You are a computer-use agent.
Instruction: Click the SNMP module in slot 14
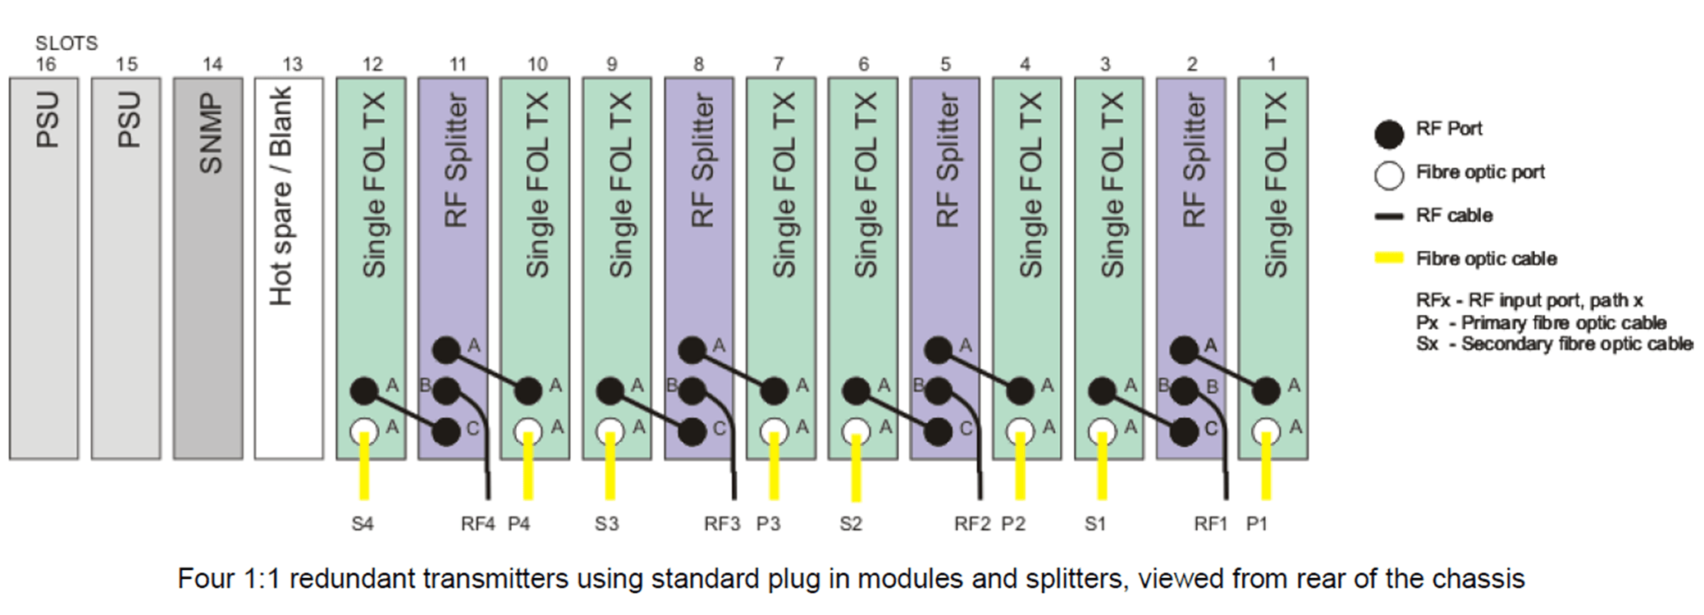click(208, 268)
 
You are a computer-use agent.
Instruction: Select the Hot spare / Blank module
click(289, 268)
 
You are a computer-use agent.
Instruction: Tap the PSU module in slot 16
click(44, 268)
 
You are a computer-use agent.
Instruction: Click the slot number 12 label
click(372, 64)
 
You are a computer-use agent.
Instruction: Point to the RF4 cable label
click(477, 524)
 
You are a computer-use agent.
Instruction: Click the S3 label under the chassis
click(606, 524)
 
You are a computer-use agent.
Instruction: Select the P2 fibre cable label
click(1013, 524)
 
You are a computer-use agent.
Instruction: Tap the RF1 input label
click(1210, 524)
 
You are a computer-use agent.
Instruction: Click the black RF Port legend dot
click(1389, 134)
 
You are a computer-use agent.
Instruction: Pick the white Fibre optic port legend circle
click(1389, 175)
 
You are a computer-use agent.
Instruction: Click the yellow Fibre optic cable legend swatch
click(1389, 258)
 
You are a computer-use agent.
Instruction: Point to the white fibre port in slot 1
click(1266, 430)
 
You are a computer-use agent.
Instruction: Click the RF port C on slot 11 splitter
click(446, 431)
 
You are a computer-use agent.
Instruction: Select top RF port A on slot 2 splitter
click(1184, 350)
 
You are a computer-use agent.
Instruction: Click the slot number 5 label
click(945, 64)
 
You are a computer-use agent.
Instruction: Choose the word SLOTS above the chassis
click(66, 43)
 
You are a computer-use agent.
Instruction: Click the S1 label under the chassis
click(1095, 524)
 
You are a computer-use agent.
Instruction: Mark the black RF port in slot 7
click(774, 390)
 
